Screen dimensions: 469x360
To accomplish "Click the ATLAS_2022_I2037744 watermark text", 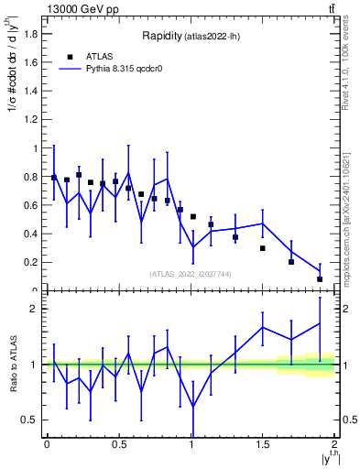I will [x=191, y=274].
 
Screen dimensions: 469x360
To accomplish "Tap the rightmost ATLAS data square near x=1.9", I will [x=320, y=278].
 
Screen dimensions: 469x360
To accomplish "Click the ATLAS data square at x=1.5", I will [x=263, y=248].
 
